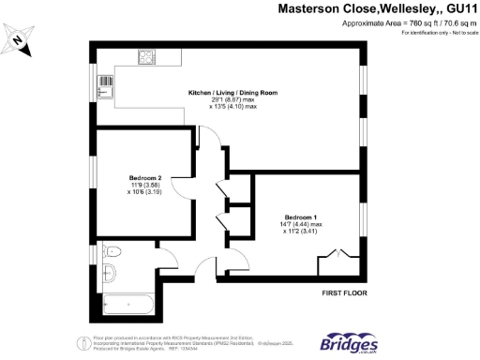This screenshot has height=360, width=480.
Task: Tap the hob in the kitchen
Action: [147, 57]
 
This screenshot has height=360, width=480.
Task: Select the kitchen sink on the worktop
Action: [104, 88]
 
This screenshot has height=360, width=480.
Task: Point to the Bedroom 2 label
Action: [145, 178]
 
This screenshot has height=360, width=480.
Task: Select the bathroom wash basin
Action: [107, 273]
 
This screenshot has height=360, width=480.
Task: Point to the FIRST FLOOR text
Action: [344, 293]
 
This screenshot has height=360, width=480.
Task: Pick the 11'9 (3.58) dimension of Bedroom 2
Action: [145, 187]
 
